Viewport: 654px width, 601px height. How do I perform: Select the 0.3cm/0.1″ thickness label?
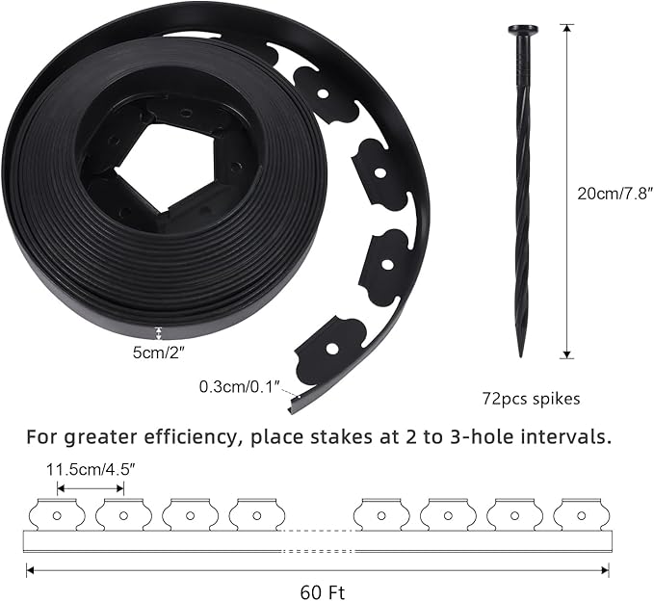pyautogui.click(x=240, y=386)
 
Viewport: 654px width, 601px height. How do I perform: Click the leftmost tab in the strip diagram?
pyautogui.click(x=57, y=515)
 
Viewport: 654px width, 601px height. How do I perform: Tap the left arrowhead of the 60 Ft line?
pyautogui.click(x=29, y=570)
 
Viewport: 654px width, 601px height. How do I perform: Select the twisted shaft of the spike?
pyautogui.click(x=523, y=193)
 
